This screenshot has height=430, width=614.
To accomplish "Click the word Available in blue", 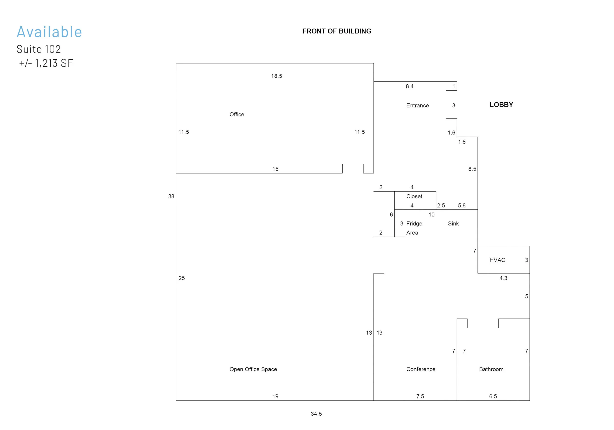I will [49, 32].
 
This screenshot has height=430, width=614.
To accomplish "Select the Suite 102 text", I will [38, 49].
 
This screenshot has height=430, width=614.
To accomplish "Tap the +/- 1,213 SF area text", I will [46, 63].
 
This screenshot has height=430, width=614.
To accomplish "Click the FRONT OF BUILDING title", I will [337, 31].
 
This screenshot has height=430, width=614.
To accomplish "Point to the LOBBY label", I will [501, 105].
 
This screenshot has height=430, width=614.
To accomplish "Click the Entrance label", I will [417, 106].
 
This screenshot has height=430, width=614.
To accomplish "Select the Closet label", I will [414, 196].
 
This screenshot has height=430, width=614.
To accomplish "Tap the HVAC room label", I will [497, 260].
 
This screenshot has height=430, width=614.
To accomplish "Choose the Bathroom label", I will [491, 369].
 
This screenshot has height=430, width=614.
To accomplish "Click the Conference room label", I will [421, 369].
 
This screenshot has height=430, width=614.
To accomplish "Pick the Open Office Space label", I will [253, 369].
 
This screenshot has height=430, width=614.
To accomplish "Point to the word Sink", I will [453, 224].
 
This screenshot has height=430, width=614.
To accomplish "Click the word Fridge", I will [414, 224].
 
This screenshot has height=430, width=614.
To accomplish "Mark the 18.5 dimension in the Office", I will [277, 76].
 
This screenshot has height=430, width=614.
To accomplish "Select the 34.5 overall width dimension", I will [316, 414].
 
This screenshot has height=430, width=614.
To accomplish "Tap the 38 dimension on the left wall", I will [171, 196].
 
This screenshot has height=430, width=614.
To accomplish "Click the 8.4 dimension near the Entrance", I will [409, 86].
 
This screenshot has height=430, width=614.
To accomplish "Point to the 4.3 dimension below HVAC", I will [503, 278].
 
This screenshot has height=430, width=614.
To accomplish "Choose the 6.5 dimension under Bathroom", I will [493, 396].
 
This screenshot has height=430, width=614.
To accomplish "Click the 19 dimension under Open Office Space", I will [275, 396].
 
